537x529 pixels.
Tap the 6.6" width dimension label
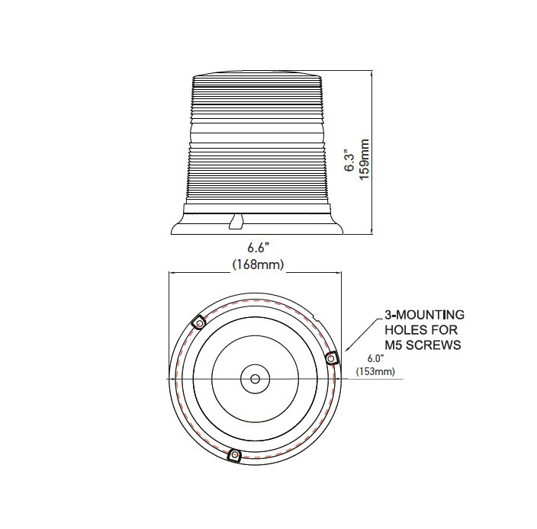coord(258,248)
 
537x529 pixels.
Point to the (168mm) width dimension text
coord(258,264)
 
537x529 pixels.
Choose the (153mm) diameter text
coord(375,372)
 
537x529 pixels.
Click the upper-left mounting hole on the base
coord(199,323)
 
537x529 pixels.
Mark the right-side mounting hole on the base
coord(333,358)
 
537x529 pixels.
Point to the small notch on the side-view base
coord(236,221)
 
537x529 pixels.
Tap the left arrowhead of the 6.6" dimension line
coord(172,274)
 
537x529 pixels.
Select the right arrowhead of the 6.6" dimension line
coord(340,274)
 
